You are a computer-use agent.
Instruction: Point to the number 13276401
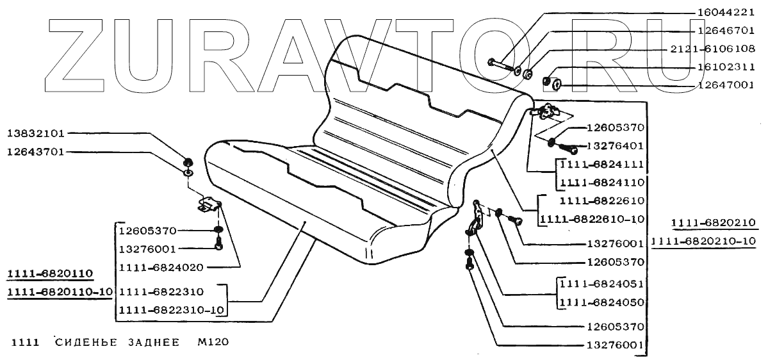click(x=615, y=146)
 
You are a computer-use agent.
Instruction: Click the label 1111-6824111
click(x=601, y=165)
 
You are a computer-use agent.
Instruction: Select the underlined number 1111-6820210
click(x=714, y=222)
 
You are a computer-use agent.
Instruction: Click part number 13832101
click(x=36, y=134)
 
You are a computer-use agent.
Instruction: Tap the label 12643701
click(x=36, y=152)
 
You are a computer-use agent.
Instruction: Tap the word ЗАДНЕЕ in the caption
click(x=152, y=342)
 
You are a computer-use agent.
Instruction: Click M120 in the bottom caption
click(x=211, y=342)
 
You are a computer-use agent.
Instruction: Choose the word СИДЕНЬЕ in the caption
click(x=86, y=342)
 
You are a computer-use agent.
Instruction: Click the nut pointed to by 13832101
click(x=188, y=161)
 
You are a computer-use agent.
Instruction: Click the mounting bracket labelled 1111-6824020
click(x=209, y=206)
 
